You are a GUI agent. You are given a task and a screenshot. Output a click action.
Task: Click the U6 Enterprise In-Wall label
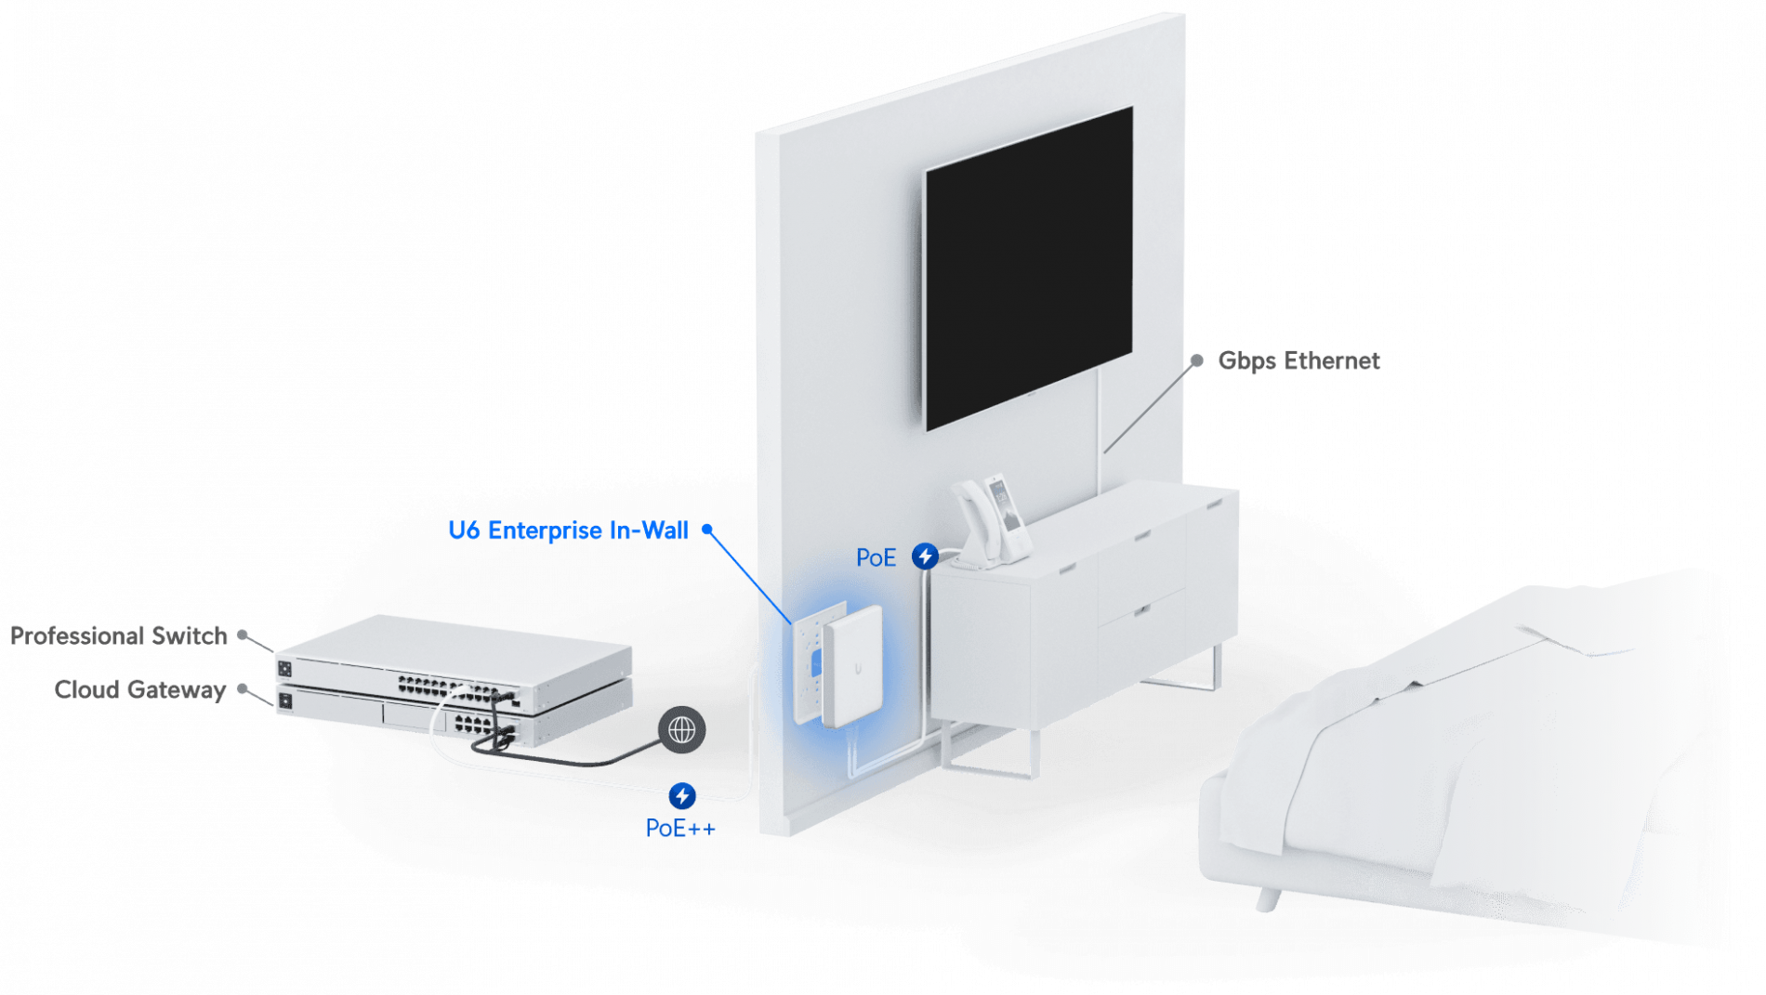568,530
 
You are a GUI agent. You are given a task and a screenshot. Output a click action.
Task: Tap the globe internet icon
682,730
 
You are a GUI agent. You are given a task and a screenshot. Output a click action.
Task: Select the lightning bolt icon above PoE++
682,795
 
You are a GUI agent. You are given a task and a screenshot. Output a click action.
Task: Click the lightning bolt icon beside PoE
925,556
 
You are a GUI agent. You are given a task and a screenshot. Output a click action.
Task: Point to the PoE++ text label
680,828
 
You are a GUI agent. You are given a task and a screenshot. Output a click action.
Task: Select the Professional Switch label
119,635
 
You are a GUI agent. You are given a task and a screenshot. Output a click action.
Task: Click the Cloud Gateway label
139,689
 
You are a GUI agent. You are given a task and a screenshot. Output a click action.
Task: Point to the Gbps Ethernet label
1299,360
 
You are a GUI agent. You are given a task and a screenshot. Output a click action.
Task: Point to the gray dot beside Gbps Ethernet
1197,360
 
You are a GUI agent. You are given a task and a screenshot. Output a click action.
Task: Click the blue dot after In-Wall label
707,529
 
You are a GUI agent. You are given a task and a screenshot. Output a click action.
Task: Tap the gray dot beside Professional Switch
242,635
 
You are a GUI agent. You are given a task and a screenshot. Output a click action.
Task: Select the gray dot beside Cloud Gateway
242,688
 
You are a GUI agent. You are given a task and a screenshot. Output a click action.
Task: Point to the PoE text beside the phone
876,557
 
